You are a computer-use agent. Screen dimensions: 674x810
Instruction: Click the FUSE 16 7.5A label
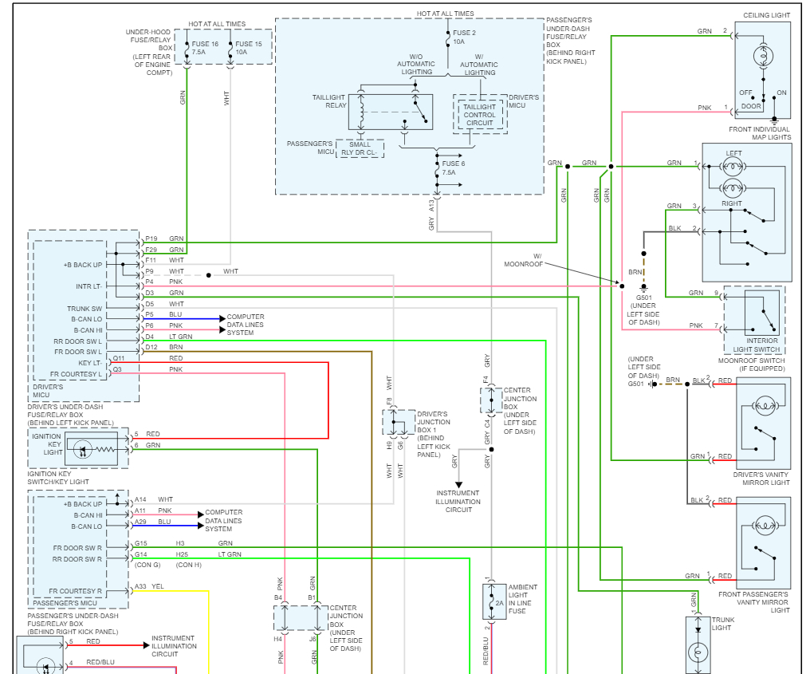click(204, 48)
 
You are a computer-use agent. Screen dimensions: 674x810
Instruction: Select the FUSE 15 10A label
click(249, 48)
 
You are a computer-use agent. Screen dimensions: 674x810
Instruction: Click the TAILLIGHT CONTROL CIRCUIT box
click(479, 115)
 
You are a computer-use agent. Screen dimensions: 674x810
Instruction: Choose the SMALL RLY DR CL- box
click(360, 149)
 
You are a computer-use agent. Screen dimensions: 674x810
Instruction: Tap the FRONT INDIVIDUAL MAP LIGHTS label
click(760, 133)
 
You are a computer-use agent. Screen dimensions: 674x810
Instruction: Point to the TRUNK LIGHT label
click(722, 623)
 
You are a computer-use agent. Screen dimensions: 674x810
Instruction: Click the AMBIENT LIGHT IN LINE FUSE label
click(523, 599)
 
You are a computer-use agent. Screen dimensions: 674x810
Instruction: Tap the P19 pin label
click(151, 238)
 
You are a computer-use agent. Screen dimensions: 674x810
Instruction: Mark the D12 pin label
click(151, 347)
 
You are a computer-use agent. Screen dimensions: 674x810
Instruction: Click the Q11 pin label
click(118, 359)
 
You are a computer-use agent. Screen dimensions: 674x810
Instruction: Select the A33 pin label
click(140, 587)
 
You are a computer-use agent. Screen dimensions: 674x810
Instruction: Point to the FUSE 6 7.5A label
click(454, 168)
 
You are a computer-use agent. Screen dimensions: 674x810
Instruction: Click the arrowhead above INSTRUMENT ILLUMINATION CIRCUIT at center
click(458, 483)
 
